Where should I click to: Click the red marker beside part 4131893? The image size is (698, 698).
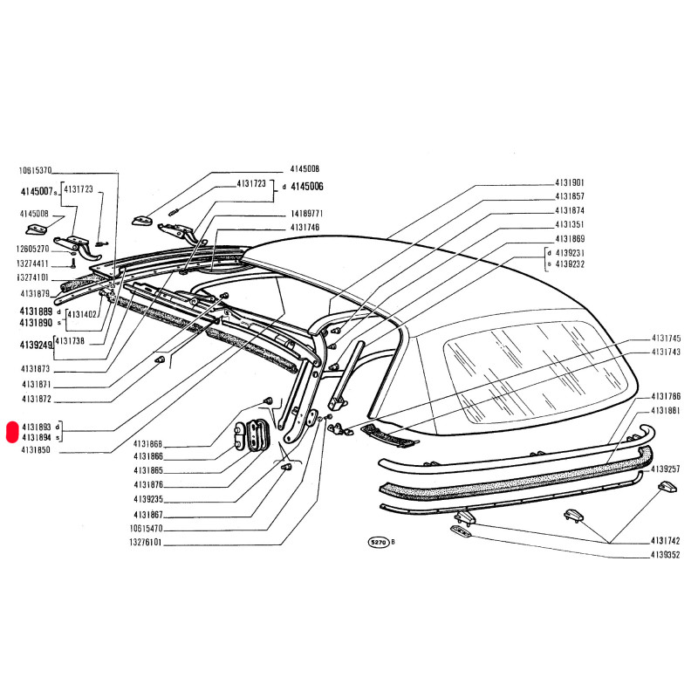coord(10,432)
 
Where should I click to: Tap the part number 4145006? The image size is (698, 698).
coord(307,186)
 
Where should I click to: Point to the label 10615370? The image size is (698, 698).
coord(36,171)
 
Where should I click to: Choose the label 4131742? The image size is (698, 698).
coord(666,541)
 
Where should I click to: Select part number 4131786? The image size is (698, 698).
coord(666,396)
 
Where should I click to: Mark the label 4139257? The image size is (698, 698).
coord(666,469)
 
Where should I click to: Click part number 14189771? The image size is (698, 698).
coord(307,214)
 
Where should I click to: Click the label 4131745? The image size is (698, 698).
coord(666,338)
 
